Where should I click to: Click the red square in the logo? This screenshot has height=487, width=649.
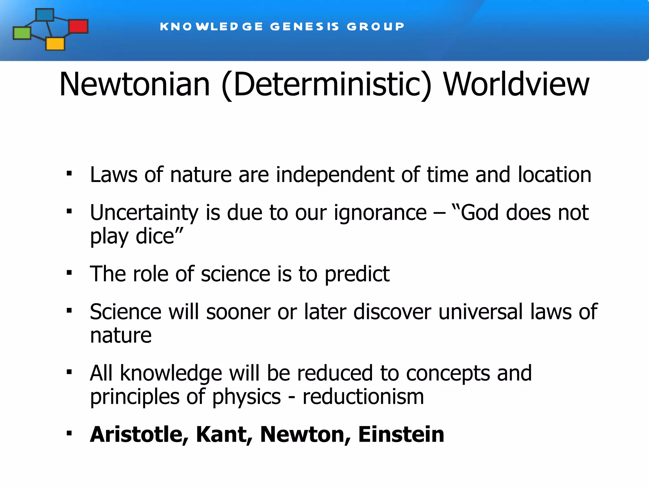(x=78, y=26)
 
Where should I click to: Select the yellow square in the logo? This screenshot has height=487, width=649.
(x=55, y=44)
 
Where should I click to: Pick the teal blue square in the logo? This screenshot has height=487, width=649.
(x=45, y=15)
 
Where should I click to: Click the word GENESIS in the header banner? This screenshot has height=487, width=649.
(x=305, y=27)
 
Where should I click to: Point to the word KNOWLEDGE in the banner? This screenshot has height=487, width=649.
(x=211, y=27)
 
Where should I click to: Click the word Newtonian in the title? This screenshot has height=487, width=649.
(x=135, y=84)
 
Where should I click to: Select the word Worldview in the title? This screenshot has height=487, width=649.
(x=516, y=84)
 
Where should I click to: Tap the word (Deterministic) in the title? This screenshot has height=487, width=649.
(x=327, y=85)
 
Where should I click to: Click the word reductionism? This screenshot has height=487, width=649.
(x=363, y=397)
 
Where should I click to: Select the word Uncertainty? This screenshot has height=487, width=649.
(x=144, y=213)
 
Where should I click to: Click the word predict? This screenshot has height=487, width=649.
(x=357, y=274)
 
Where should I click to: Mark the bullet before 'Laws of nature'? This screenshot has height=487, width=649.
(x=69, y=174)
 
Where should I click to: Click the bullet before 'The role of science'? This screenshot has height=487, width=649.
(x=69, y=273)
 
